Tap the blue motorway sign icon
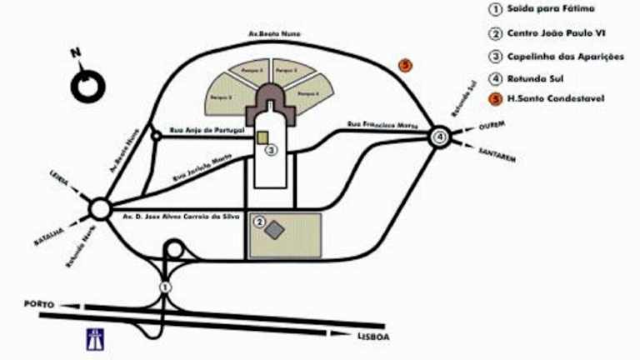pyautogui.click(x=94, y=338)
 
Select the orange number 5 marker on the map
pyautogui.click(x=406, y=64)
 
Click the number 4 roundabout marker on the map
pyautogui.click(x=440, y=137)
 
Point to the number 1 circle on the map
pyautogui.click(x=165, y=287)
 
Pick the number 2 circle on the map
pyautogui.click(x=260, y=222)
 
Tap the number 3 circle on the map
pyautogui.click(x=270, y=151)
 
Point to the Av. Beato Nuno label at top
pyautogui.click(x=274, y=33)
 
